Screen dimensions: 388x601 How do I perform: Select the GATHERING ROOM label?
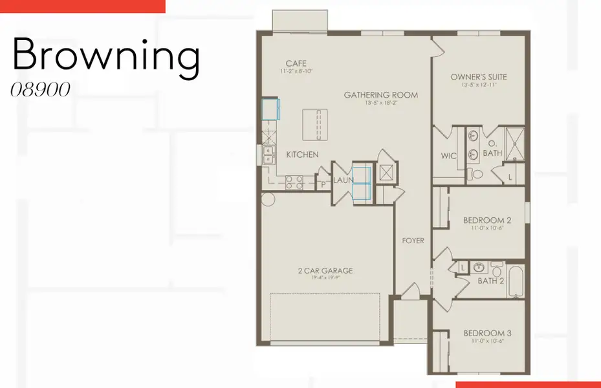(x=380, y=95)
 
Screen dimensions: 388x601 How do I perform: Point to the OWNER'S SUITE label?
(x=479, y=77)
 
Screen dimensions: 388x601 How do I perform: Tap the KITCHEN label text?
(x=303, y=155)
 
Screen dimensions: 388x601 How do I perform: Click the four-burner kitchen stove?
(x=294, y=182)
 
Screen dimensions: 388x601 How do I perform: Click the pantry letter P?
(x=324, y=184)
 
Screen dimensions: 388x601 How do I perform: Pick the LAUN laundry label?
(x=344, y=180)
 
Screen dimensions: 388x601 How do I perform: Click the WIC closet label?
(x=449, y=156)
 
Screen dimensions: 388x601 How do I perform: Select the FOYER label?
(x=413, y=241)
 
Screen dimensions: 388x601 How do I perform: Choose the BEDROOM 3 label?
(x=487, y=334)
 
